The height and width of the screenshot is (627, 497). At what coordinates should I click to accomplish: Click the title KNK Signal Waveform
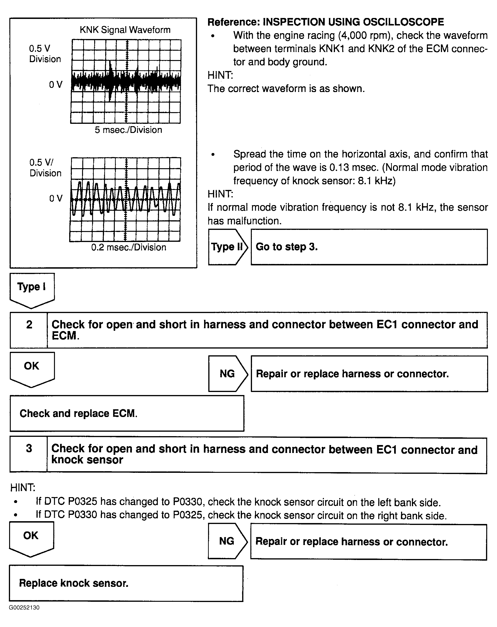(x=125, y=30)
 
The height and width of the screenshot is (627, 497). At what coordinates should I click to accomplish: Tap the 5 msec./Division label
(x=128, y=130)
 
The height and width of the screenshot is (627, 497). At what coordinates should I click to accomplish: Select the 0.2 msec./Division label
(x=129, y=247)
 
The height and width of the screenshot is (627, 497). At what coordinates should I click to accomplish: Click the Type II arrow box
(x=227, y=247)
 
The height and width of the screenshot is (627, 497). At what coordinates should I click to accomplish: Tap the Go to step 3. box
(x=369, y=247)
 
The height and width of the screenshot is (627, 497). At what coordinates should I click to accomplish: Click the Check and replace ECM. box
(x=127, y=413)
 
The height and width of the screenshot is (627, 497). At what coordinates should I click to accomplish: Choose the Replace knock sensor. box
(x=126, y=583)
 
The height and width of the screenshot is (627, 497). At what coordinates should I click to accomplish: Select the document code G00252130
(x=24, y=608)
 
